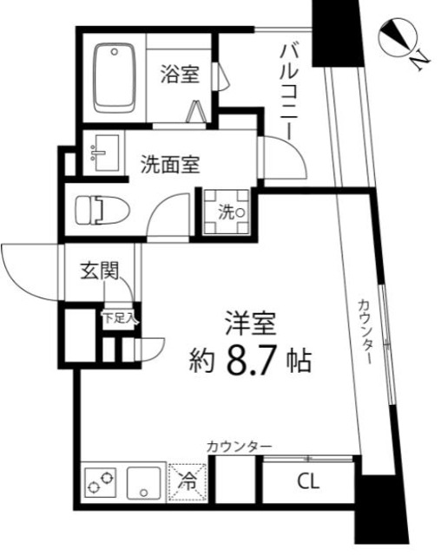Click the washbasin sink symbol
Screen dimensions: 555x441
(x=103, y=154)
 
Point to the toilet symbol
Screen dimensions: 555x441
(x=101, y=211)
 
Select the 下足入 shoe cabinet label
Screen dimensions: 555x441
(x=120, y=318)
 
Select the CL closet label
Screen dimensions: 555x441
(x=307, y=480)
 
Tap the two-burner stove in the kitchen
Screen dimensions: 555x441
(x=101, y=481)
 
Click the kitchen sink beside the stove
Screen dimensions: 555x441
(x=142, y=481)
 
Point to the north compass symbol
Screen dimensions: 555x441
(x=399, y=36)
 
